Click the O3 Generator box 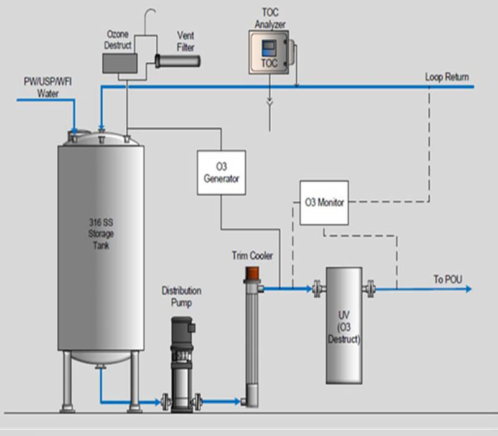point(221,172)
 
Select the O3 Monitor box point(324,202)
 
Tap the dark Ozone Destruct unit point(120,62)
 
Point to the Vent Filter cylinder point(177,60)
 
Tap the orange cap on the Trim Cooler point(251,273)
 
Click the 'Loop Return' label point(447,77)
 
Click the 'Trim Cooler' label point(252,255)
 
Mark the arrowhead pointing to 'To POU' point(468,289)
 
